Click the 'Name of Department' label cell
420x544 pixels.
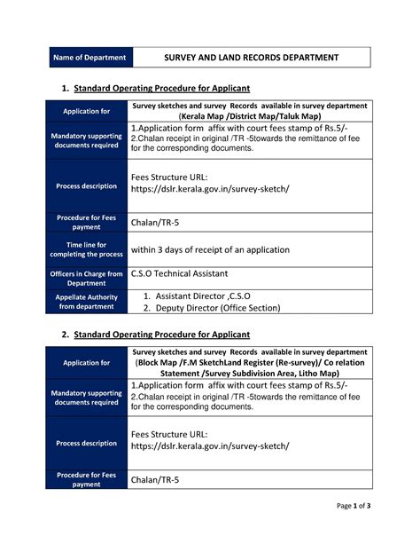click(x=87, y=58)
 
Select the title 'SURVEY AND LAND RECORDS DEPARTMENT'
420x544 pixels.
click(x=252, y=58)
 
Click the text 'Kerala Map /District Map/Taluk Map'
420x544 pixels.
click(x=251, y=116)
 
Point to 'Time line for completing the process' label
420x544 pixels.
click(x=87, y=249)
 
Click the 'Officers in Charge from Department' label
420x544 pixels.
click(x=87, y=278)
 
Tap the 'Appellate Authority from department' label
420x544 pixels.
click(x=87, y=302)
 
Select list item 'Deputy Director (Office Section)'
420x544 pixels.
click(x=217, y=308)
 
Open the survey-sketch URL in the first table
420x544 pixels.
click(x=209, y=190)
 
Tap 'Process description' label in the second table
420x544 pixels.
click(x=87, y=443)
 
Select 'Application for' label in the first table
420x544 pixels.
click(x=87, y=112)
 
